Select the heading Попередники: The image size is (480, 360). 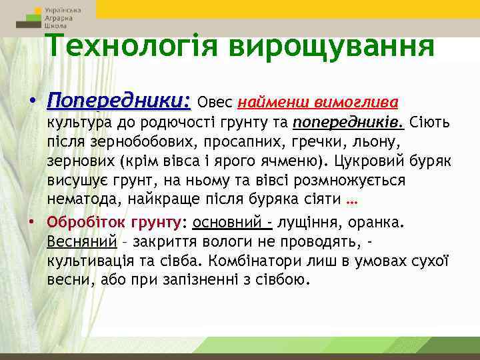119,102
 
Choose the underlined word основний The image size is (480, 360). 227,221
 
